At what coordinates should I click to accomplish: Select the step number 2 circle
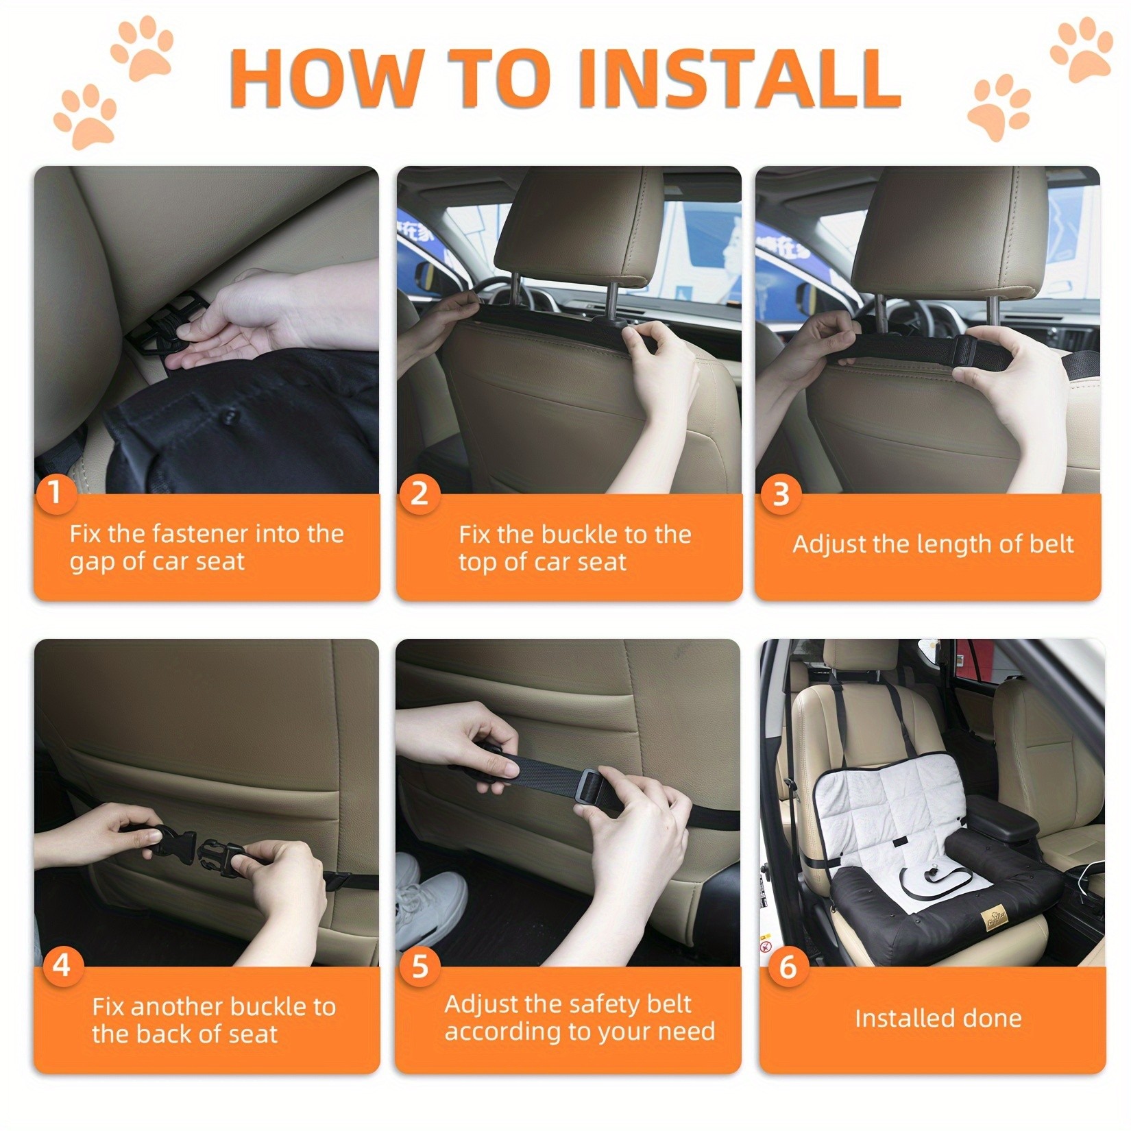(x=419, y=493)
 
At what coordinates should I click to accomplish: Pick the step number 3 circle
(x=781, y=494)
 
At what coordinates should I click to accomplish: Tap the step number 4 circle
(x=62, y=966)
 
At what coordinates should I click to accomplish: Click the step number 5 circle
(x=419, y=966)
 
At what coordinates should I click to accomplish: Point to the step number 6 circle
(x=788, y=966)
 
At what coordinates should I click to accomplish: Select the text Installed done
(x=938, y=1018)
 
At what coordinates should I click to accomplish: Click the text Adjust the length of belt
(x=933, y=544)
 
